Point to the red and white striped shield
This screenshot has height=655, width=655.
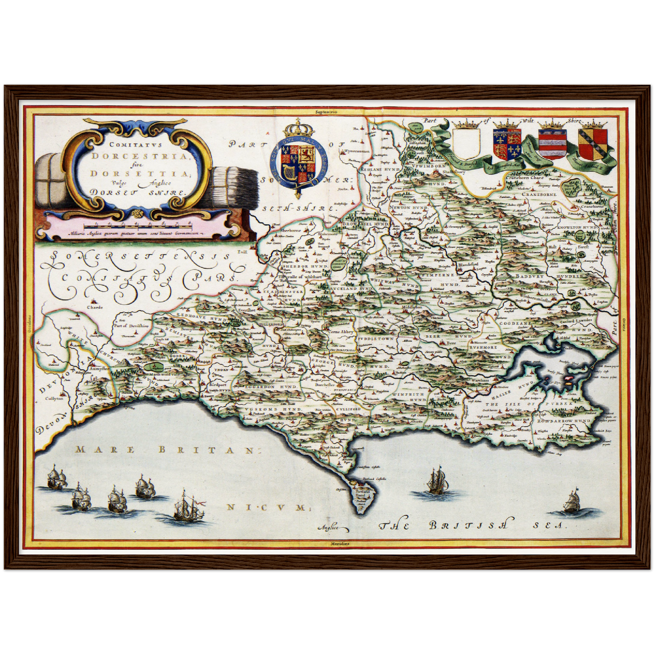(x=551, y=144)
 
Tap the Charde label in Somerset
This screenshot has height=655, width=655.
(x=95, y=307)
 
